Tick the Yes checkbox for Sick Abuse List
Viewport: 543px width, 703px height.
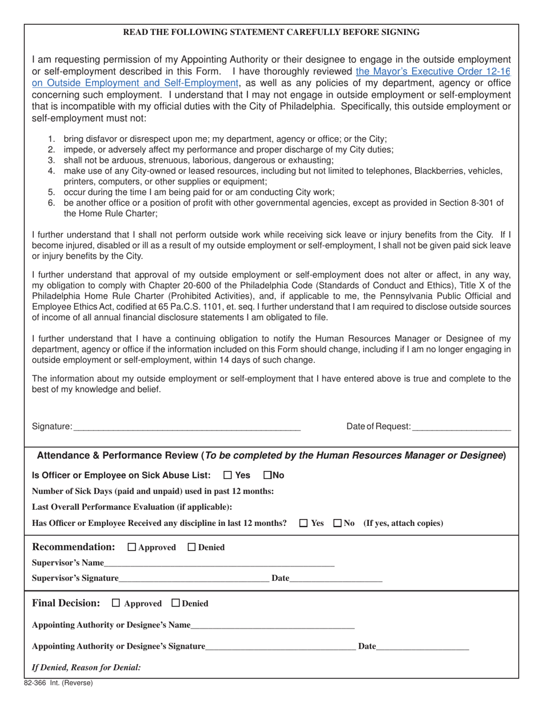(227, 475)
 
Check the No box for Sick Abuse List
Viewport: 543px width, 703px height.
(267, 475)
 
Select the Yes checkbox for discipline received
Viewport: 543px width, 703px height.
(304, 523)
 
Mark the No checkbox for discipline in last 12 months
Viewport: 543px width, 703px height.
(337, 523)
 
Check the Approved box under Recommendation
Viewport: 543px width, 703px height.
(132, 548)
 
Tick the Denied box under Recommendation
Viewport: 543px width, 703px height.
(192, 548)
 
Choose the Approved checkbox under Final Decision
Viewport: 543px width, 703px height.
(117, 603)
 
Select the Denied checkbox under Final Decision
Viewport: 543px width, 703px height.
(176, 603)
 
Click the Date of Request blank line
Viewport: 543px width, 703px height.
(461, 426)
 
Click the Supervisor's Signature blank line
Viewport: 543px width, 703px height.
(194, 578)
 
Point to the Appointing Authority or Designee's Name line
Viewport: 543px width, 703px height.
(273, 625)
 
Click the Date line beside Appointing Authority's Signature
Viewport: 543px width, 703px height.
(422, 647)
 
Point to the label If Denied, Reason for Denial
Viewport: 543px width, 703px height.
(86, 668)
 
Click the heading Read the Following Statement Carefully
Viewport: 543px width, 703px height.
(271, 33)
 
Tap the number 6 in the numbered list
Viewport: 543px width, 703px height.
(51, 203)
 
